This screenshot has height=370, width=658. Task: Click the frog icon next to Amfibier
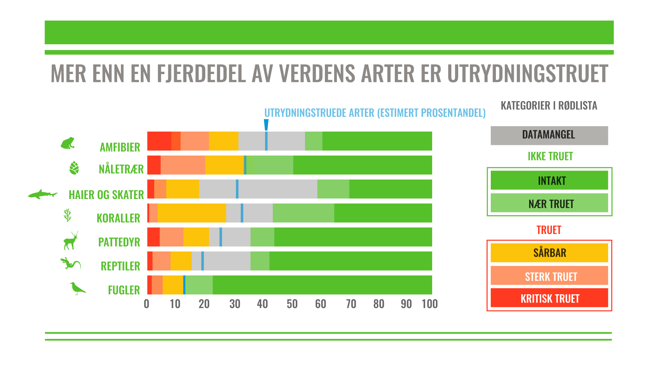[x=68, y=143]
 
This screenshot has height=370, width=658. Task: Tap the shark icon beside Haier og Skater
[x=43, y=195]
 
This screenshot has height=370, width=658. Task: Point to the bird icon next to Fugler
[x=77, y=288]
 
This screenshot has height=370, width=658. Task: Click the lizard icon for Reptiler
[x=70, y=263]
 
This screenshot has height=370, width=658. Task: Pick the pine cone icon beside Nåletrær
[x=74, y=168]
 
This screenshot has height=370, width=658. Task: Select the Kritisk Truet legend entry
[x=549, y=298]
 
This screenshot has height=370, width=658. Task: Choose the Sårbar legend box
[x=549, y=252]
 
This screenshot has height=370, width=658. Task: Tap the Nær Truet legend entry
[x=549, y=203]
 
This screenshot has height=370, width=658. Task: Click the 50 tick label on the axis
[x=292, y=304]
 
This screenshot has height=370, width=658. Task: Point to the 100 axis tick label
[x=429, y=304]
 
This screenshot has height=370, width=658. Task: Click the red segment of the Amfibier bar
[x=159, y=141]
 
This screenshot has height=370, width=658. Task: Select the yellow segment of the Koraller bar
[x=192, y=213]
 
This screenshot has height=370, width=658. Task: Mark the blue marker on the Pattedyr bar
[x=221, y=237]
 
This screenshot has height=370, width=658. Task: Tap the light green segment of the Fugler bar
[x=199, y=285]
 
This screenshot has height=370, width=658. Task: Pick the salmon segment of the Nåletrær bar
[x=183, y=165]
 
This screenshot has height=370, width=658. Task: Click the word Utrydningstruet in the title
[x=527, y=74]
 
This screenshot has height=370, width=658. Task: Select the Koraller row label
[x=118, y=218]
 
